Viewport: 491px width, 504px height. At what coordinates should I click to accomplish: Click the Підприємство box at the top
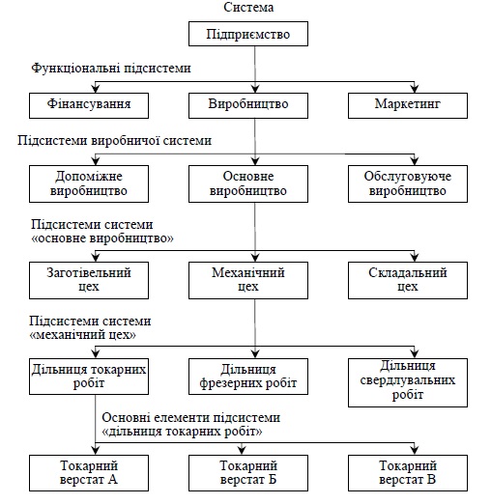tap(254, 36)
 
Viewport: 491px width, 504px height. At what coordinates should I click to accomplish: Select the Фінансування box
tap(95, 103)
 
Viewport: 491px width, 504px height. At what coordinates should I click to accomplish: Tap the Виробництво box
tap(254, 103)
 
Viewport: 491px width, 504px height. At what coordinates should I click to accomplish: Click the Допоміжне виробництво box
tap(95, 183)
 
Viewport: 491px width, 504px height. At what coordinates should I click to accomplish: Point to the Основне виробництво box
tap(254, 183)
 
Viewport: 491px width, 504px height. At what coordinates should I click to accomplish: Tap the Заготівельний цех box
tap(95, 279)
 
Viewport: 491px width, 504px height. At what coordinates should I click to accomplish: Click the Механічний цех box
tap(254, 279)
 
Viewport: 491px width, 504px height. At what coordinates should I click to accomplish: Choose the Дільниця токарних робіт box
tap(95, 375)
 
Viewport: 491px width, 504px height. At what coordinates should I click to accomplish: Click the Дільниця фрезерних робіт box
tap(254, 375)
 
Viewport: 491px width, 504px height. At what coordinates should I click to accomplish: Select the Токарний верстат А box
tap(95, 472)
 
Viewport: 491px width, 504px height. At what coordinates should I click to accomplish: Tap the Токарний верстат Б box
tap(254, 472)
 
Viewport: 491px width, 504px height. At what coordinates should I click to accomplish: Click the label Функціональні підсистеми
tap(111, 69)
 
